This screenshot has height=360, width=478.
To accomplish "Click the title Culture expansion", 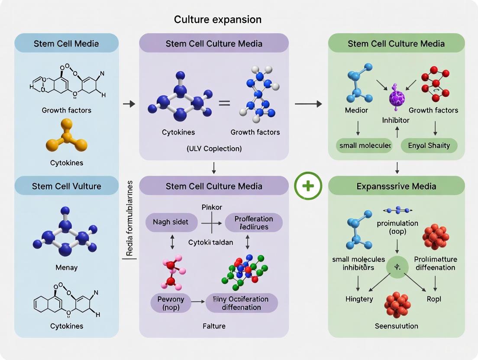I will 217,19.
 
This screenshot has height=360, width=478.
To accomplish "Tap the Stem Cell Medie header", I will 66,44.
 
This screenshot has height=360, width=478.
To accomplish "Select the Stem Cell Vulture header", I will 66,186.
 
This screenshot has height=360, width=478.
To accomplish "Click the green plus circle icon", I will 308,186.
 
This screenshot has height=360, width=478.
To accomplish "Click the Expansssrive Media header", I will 396,186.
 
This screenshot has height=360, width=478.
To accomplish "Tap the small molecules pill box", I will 363,145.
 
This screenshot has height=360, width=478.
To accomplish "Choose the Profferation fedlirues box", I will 254,222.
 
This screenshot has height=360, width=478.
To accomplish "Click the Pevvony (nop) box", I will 171,303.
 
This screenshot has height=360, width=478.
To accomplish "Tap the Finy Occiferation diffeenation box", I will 241,303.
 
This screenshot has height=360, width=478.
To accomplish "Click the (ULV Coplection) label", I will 214,148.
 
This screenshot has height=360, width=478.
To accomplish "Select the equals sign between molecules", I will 224,103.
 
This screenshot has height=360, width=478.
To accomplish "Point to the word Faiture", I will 214,326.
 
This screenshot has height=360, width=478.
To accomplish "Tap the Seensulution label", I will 396,326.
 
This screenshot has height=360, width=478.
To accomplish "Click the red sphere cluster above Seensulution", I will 397,304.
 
